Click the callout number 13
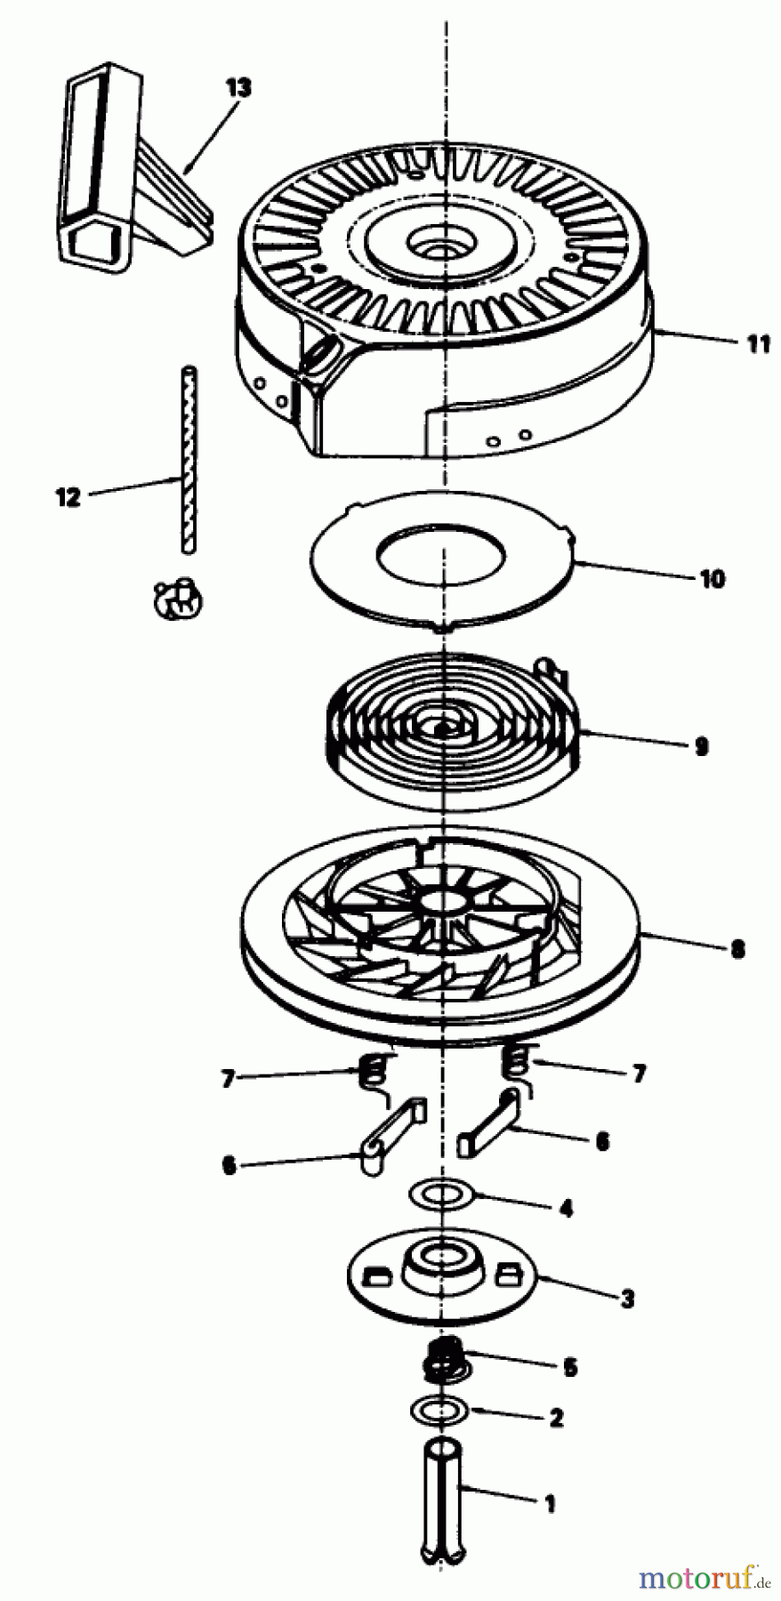pyautogui.click(x=238, y=87)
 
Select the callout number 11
pyautogui.click(x=758, y=343)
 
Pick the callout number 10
pyautogui.click(x=713, y=579)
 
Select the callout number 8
pyautogui.click(x=737, y=949)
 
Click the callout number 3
pyautogui.click(x=628, y=1299)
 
